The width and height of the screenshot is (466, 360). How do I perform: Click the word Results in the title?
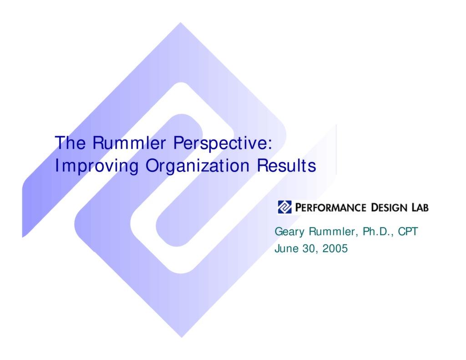(x=286, y=166)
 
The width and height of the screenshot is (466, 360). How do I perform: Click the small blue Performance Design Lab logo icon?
(x=284, y=207)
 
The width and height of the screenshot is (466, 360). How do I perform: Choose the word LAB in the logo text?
(x=419, y=208)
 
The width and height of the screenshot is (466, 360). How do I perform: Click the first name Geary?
(x=289, y=232)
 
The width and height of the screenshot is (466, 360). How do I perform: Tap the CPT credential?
(x=408, y=232)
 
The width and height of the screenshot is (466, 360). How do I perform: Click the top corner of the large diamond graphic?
(x=181, y=24)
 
